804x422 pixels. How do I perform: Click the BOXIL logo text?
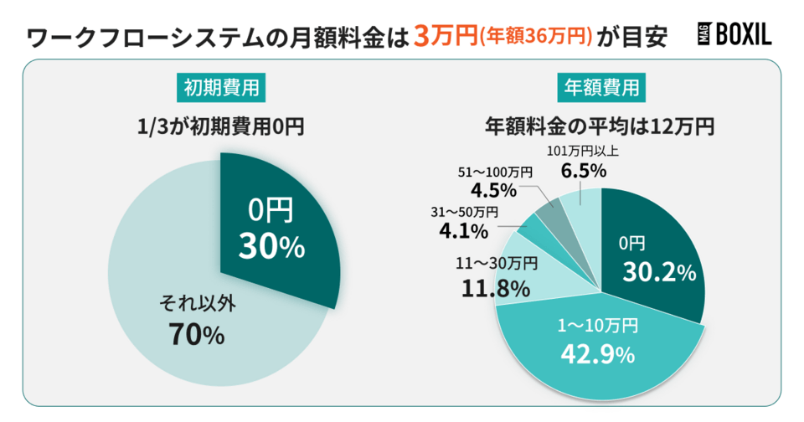tap(741, 34)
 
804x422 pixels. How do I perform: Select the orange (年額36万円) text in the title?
tap(535, 37)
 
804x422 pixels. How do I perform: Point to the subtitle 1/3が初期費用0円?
tap(221, 127)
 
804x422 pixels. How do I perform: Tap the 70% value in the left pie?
tap(197, 335)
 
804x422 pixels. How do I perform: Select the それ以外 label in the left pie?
tap(197, 303)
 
